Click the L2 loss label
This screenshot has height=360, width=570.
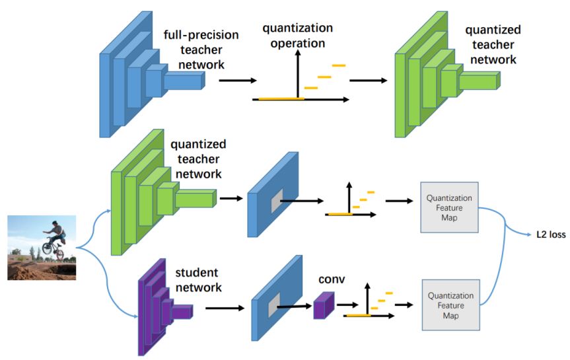[551, 234]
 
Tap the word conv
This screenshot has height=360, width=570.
[332, 279]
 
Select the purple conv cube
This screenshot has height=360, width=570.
[324, 305]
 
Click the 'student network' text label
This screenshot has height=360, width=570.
[199, 279]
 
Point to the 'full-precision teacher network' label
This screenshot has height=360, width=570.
[201, 50]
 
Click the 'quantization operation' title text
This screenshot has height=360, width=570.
[298, 35]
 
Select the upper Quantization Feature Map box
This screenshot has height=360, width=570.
[449, 207]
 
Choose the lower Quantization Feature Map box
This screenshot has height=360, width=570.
[450, 305]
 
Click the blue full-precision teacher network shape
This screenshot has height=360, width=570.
[153, 74]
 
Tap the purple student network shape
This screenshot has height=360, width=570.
[165, 307]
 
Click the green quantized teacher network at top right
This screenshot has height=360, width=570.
[448, 74]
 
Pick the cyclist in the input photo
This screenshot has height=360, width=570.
[54, 240]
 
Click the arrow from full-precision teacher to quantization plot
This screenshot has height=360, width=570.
[238, 81]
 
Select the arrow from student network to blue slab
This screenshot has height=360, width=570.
[225, 308]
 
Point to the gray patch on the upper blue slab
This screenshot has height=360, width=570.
[277, 201]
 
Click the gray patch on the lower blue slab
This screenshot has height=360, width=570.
[274, 305]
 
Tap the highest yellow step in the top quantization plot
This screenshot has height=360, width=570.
[339, 65]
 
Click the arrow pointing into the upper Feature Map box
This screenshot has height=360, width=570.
[400, 201]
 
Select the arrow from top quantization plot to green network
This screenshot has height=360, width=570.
[369, 81]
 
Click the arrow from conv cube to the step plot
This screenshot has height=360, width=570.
[347, 305]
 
